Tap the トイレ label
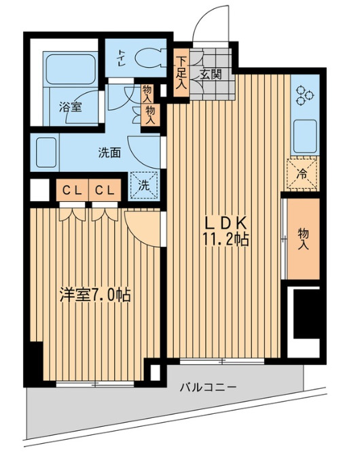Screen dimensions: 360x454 [121, 58]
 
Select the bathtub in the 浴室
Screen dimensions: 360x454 [71, 69]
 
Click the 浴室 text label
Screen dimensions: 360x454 [70, 107]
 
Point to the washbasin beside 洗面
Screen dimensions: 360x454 [46, 152]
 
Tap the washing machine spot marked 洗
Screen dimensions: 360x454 [144, 186]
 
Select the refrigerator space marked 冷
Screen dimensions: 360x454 [302, 174]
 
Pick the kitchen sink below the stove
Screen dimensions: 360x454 [305, 137]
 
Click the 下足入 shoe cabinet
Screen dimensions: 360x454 [181, 73]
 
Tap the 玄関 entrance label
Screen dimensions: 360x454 [211, 75]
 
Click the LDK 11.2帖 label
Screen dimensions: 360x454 [226, 231]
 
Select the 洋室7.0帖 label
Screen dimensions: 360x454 [95, 295]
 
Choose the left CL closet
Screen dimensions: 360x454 [73, 190]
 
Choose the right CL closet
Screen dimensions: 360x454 [105, 190]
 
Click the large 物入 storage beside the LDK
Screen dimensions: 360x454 [303, 239]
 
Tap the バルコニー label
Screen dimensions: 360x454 [209, 387]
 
